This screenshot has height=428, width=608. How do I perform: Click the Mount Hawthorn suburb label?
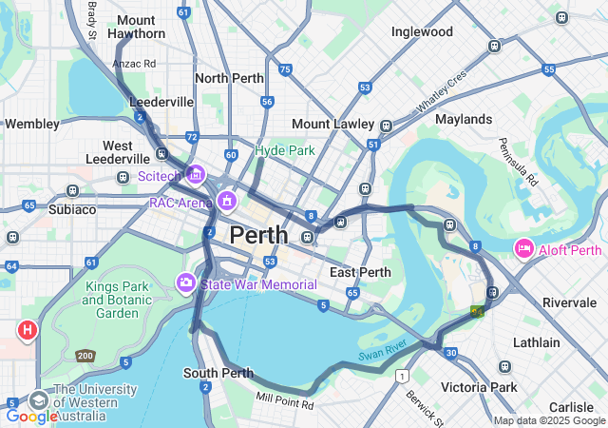click(x=136, y=27)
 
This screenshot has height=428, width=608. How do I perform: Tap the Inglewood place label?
click(x=422, y=31)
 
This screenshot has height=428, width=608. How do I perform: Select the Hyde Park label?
click(x=284, y=150)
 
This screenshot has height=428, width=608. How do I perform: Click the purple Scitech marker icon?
click(x=196, y=174)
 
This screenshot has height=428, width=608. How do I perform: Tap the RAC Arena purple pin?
click(x=226, y=202)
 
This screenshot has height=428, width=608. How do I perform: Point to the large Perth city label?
click(x=259, y=234)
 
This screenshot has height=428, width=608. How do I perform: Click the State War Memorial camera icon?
click(x=186, y=283)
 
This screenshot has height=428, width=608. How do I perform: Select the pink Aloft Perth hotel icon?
click(x=523, y=249)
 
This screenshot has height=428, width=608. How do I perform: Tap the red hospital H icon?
click(x=28, y=330)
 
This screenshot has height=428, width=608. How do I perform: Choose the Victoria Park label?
click(x=479, y=387)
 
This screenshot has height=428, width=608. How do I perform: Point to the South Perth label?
click(x=218, y=373)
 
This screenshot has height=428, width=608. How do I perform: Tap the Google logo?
click(x=32, y=416)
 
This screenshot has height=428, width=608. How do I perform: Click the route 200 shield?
click(x=85, y=357)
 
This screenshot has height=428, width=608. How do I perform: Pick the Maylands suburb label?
click(x=464, y=119)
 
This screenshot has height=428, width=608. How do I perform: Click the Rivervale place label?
click(x=569, y=302)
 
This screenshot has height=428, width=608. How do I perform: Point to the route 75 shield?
click(x=285, y=69)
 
